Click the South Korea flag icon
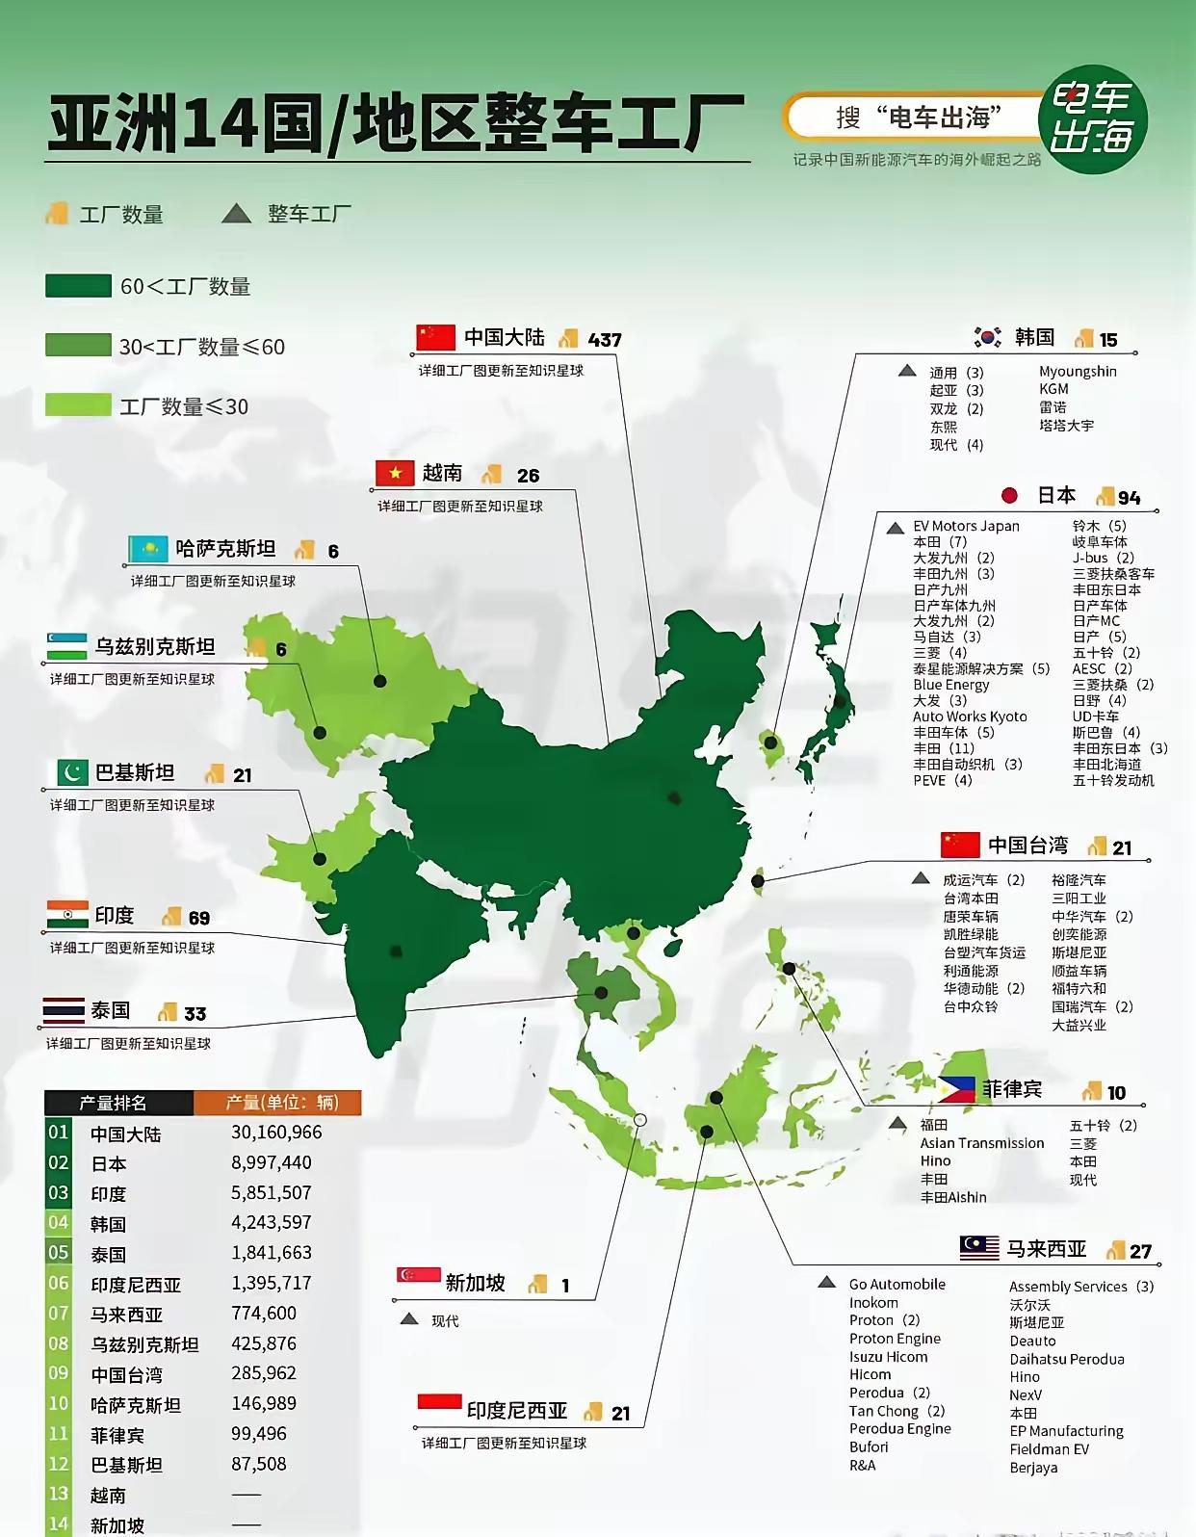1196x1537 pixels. tap(988, 337)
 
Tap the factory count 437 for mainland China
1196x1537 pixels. tap(605, 340)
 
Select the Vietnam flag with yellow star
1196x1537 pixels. tap(395, 473)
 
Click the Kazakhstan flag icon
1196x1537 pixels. tap(148, 549)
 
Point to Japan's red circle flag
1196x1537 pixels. tap(1009, 495)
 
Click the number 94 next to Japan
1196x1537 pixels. tap(1129, 497)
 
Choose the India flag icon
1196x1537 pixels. tap(67, 914)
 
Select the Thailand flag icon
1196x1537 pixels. tap(64, 1010)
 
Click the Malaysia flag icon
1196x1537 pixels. tap(979, 1248)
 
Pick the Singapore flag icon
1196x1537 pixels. tap(419, 1276)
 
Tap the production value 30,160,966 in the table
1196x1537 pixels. tap(276, 1133)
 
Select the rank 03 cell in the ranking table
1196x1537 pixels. tap(59, 1193)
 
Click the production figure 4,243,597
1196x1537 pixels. tap(272, 1223)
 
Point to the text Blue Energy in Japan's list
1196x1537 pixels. tap(950, 685)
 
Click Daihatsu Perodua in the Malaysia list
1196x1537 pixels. tap(1067, 1359)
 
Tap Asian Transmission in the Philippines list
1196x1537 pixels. tap(981, 1143)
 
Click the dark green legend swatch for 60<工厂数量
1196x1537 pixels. tap(78, 286)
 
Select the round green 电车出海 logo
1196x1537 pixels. tap(1092, 119)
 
